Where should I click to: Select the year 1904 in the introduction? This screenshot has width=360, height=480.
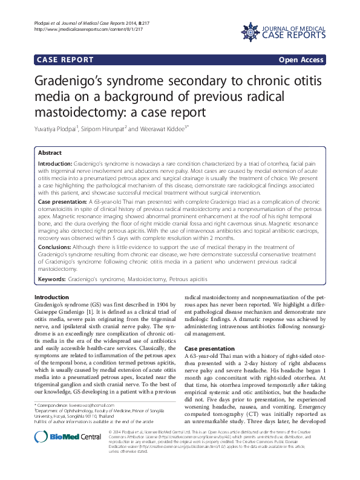click(156, 304)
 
